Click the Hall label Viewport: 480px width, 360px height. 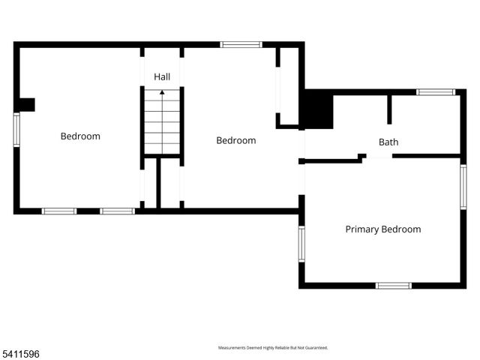[163, 77]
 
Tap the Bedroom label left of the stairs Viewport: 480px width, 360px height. [80, 136]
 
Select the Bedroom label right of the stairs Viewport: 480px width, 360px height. [236, 140]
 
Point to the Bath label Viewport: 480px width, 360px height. [388, 142]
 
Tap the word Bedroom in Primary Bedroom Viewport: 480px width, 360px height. [401, 229]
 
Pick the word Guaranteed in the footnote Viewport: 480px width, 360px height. [315, 348]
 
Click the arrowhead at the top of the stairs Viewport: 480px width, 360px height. [162, 93]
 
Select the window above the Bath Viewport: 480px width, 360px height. [436, 92]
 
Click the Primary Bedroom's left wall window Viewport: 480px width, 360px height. [301, 244]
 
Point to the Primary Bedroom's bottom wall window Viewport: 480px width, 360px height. [394, 285]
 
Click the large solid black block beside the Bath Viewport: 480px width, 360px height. [317, 109]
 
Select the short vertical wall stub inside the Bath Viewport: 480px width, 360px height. [389, 109]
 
